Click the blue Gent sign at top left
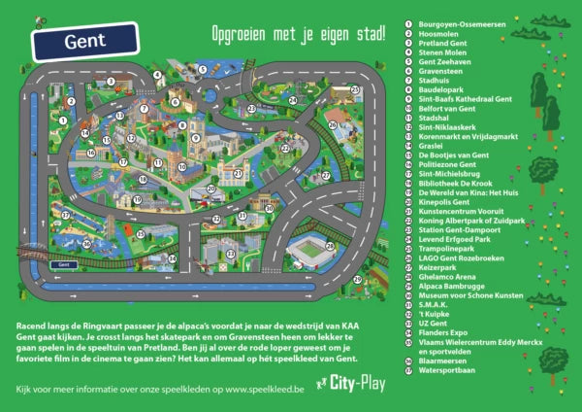(x=84, y=43)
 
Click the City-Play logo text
(x=358, y=384)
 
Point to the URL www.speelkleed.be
(x=264, y=389)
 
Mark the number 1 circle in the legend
(x=409, y=23)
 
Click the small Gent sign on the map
(x=66, y=263)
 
